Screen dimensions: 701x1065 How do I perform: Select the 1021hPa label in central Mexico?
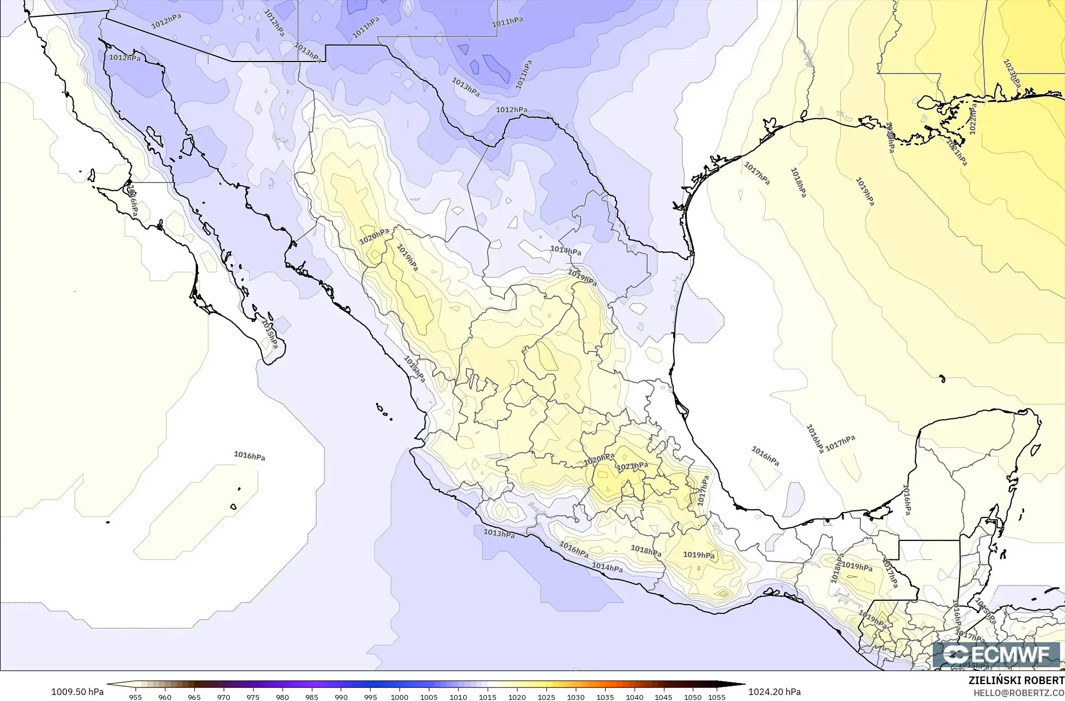coord(632,466)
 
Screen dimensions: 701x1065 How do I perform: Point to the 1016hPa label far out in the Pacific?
coord(249,456)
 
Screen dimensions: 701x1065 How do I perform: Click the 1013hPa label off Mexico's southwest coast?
coord(499,533)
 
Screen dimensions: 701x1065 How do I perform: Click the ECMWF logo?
coord(998,654)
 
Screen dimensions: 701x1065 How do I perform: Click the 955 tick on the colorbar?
coord(136,697)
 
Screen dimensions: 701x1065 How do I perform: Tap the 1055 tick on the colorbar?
coord(717,697)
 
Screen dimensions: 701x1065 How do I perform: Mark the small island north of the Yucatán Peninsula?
coord(941,377)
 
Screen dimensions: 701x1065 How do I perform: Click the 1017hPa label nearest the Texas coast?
coord(757,173)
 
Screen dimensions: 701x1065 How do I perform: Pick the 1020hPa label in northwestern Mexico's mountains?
coord(374,237)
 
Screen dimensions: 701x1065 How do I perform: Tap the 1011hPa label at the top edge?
coord(507,22)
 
